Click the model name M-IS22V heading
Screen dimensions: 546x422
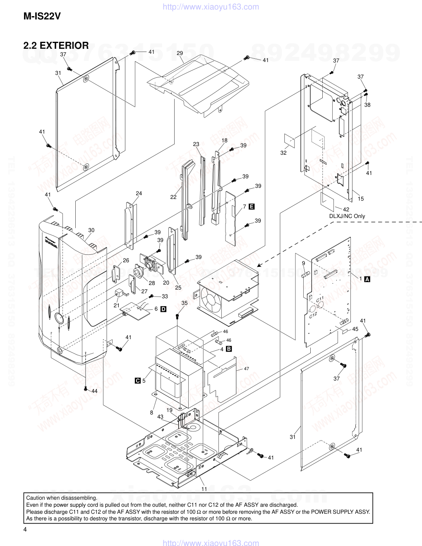42,17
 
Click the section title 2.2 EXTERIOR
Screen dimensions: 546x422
56,45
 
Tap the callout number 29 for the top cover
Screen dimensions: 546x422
180,53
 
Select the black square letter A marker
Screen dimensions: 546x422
367,279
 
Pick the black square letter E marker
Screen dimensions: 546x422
251,206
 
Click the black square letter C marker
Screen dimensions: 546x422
138,381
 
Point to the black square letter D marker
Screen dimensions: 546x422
163,309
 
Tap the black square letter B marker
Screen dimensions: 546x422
228,349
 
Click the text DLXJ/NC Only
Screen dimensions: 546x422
347,216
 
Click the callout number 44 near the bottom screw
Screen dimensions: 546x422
94,391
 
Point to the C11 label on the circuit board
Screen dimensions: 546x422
320,299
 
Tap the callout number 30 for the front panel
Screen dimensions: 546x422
91,230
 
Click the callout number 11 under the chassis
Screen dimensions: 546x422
204,489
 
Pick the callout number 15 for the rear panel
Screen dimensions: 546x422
361,199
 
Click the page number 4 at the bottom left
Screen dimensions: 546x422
25,530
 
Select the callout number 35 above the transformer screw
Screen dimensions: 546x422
185,303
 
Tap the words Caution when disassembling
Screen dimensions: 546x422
61,498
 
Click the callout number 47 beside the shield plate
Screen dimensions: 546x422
247,369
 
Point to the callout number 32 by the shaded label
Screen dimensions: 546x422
283,153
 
